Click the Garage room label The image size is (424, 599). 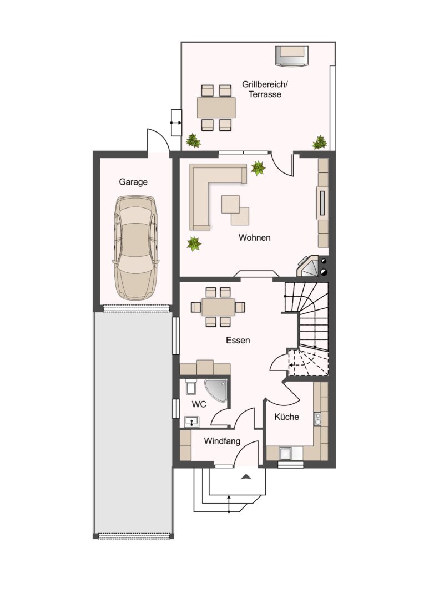(x=133, y=182)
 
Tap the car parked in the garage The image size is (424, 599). (x=136, y=248)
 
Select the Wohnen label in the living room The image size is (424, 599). (x=255, y=237)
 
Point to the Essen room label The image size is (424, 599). (x=238, y=340)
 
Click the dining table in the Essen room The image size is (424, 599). (x=218, y=307)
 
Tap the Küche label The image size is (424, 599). (x=287, y=417)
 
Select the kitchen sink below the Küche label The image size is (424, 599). (x=285, y=454)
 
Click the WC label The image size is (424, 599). (x=199, y=404)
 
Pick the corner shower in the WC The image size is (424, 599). (x=216, y=390)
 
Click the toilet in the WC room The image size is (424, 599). (x=190, y=387)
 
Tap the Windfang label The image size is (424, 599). (x=222, y=441)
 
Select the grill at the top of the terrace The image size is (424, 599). (x=292, y=56)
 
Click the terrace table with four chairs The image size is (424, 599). (x=216, y=108)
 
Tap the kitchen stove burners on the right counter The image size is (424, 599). (x=317, y=419)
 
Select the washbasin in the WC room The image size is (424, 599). (x=191, y=422)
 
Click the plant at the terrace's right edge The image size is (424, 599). (x=320, y=143)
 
